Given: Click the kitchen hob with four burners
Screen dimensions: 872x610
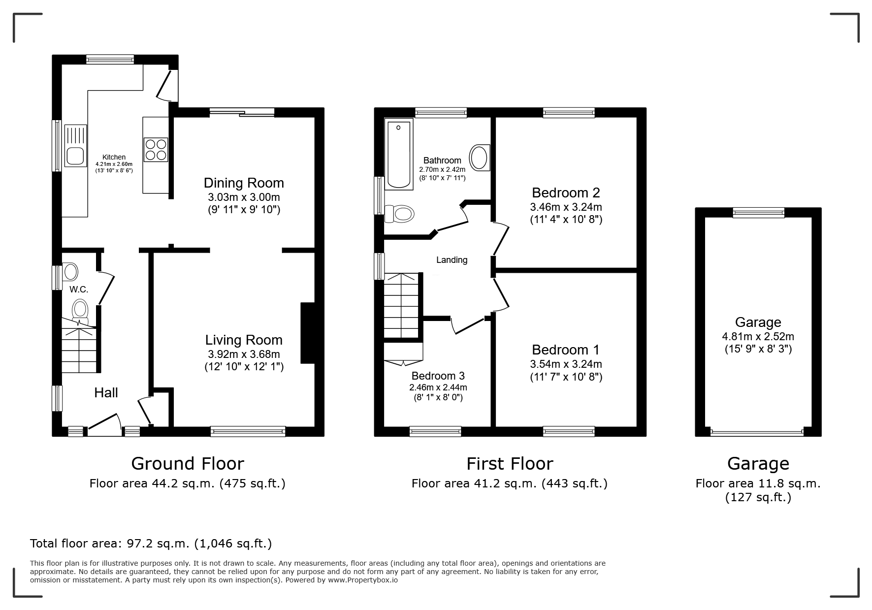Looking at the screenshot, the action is (156, 149).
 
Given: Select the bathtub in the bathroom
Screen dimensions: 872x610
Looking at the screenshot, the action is (399, 154).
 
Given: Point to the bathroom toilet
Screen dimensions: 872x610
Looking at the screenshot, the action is (400, 214).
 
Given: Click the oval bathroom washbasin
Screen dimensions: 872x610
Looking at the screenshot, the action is (480, 158).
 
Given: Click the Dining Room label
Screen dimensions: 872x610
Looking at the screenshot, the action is (244, 183).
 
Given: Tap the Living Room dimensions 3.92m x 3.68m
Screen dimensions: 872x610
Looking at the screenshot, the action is (244, 354).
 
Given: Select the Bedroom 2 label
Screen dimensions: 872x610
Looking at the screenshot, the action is (566, 193).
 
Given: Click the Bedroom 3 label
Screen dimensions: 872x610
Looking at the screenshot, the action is (438, 376).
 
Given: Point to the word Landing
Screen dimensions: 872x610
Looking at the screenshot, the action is (452, 260).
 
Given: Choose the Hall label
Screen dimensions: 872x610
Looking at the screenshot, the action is (106, 392).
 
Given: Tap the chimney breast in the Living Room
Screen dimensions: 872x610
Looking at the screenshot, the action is (308, 333).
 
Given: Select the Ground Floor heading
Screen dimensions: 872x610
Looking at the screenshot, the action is (188, 464).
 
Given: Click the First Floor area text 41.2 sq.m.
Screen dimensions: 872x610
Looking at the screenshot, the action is (510, 483).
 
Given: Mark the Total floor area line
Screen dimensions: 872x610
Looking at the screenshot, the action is (151, 544).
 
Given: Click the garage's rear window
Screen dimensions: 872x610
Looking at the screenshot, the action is (758, 212).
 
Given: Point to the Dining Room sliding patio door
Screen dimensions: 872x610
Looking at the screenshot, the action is (242, 112).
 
